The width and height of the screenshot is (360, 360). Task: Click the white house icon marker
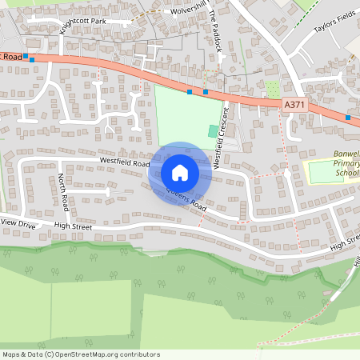pos(180,172)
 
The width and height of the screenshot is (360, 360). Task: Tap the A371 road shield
pos(294,104)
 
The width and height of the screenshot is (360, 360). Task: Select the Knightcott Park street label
pos(94,22)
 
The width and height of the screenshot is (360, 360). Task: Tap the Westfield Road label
pos(125,161)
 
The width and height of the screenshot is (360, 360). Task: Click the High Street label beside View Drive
pos(74,226)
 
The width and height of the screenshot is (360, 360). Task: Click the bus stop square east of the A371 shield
pos(348,118)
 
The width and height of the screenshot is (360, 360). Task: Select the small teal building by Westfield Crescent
pos(213,130)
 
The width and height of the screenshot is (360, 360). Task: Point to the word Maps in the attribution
pos(12,354)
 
